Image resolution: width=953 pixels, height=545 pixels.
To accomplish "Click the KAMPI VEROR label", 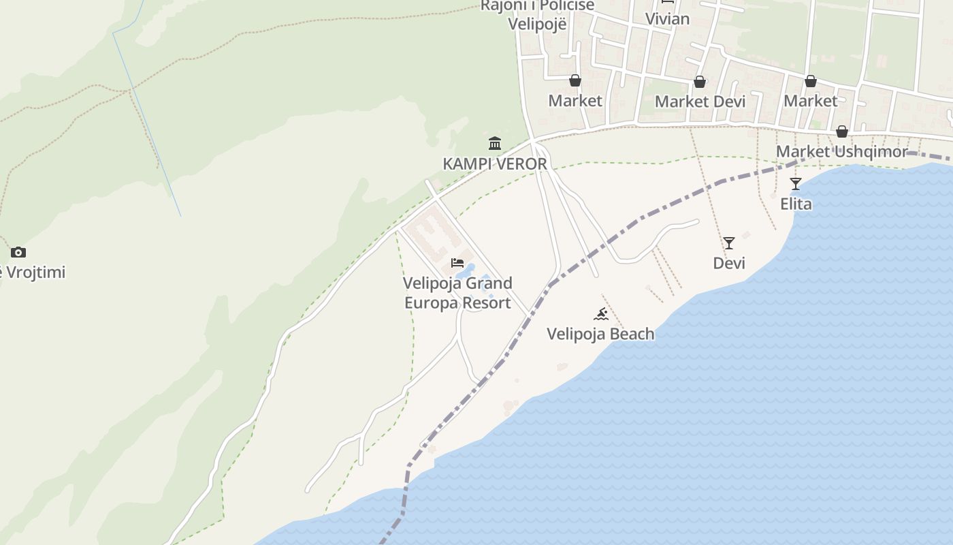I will [x=495, y=164].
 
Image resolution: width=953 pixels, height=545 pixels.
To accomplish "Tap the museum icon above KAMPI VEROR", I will [x=495, y=143].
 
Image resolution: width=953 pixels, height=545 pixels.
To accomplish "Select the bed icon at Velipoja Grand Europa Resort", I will [x=457, y=263].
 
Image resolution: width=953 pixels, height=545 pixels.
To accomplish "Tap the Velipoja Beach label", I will [x=600, y=334].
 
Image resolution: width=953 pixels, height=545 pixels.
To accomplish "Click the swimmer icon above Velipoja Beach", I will [x=600, y=314].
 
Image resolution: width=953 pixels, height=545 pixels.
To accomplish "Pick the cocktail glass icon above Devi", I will [x=729, y=243].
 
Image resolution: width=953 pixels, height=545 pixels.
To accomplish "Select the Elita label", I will [x=796, y=204].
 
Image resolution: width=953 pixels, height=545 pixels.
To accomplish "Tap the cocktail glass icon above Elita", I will [x=796, y=184].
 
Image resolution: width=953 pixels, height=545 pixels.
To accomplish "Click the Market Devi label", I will [x=700, y=102].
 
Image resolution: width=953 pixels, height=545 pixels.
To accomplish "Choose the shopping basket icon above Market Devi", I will [x=700, y=82].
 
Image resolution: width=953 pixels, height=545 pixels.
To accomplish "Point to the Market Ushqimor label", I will [x=842, y=151].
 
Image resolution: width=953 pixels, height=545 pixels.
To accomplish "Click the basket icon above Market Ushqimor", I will [x=842, y=131].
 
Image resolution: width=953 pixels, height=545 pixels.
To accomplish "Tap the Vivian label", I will [x=667, y=19].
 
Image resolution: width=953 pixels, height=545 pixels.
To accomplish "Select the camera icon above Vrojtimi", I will [x=18, y=253].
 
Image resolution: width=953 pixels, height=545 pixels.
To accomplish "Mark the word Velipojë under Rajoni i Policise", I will [x=537, y=24].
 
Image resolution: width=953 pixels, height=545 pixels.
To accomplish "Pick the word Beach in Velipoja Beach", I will [x=632, y=334].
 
